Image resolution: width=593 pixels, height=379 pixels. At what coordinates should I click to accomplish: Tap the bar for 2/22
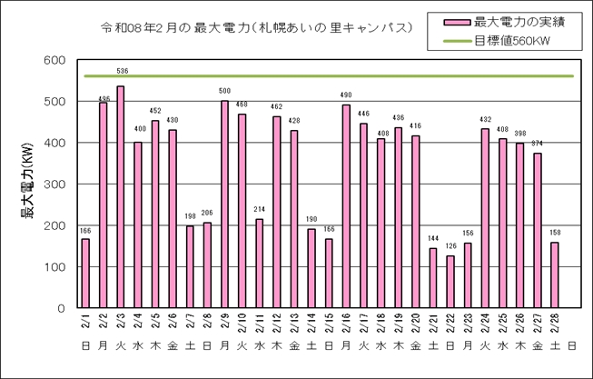click(451, 282)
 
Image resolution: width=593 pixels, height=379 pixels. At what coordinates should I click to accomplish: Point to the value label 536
click(122, 70)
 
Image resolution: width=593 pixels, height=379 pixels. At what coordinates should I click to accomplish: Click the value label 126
click(451, 246)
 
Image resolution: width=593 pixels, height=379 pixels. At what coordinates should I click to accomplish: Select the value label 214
click(260, 210)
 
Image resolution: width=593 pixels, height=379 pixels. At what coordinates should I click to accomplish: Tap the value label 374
click(538, 144)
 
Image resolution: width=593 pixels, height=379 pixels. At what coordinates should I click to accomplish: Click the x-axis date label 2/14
click(312, 324)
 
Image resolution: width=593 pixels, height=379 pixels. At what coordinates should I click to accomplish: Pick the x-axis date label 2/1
click(86, 324)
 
